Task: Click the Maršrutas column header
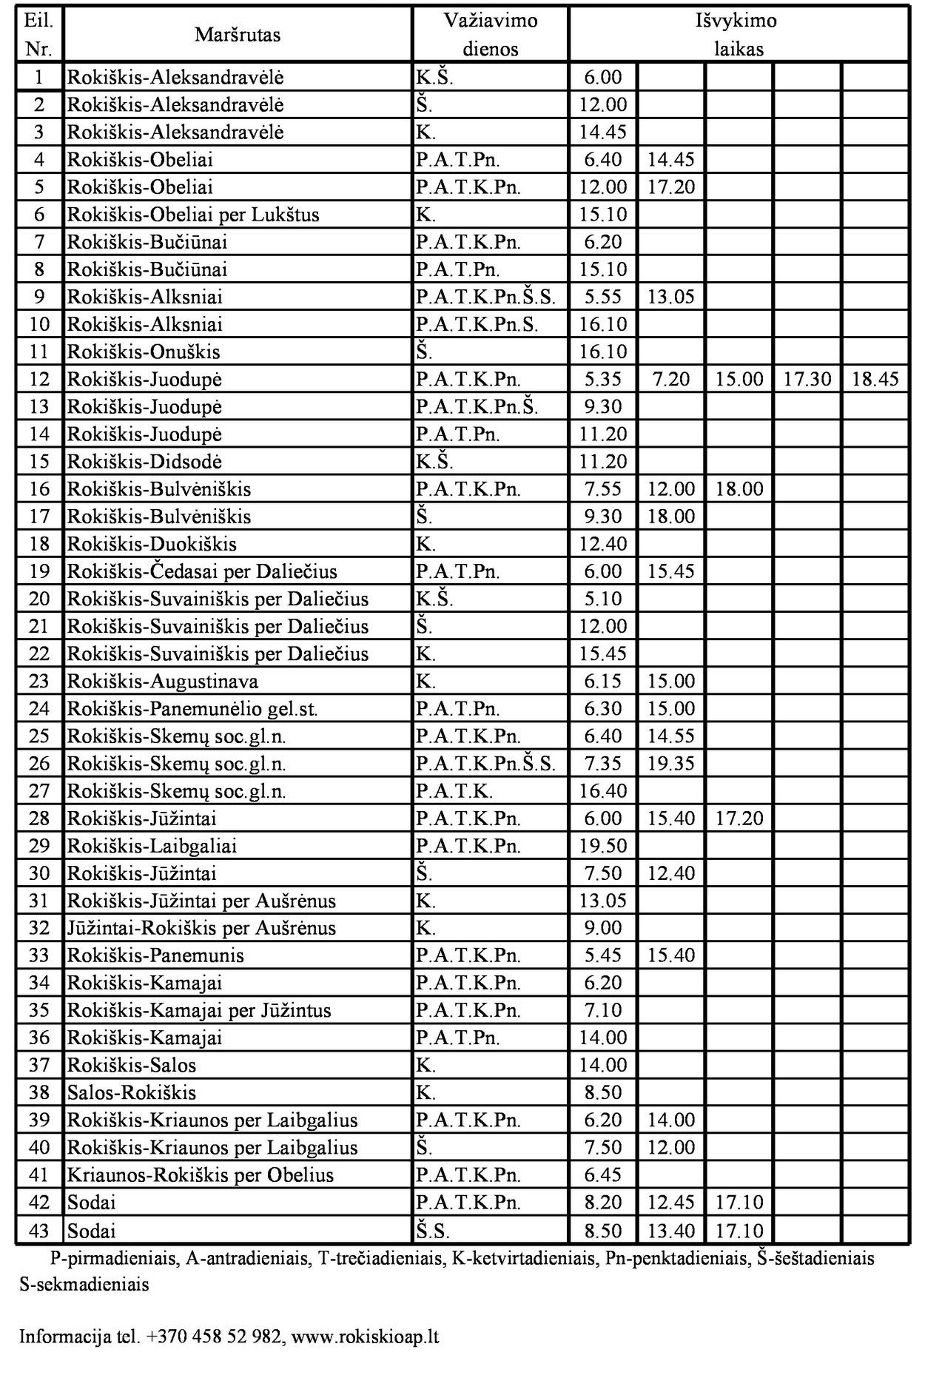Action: (238, 35)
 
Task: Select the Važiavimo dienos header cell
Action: (490, 35)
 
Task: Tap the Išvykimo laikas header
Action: (738, 35)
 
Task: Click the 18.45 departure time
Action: (875, 380)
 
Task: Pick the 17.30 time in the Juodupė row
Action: (807, 380)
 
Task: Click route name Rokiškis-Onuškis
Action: (144, 352)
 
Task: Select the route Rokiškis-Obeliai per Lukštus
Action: (193, 215)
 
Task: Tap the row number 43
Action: (39, 1231)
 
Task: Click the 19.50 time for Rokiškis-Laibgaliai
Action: (603, 846)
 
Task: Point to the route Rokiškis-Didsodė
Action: (144, 462)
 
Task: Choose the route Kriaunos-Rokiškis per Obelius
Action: (200, 1175)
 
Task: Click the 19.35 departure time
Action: (671, 764)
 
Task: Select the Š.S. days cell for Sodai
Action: (432, 1231)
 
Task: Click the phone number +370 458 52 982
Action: (215, 1337)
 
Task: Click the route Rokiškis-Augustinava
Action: (163, 682)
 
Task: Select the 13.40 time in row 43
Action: (671, 1231)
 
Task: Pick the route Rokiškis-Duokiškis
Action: (152, 545)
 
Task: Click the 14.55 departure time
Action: (671, 736)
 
